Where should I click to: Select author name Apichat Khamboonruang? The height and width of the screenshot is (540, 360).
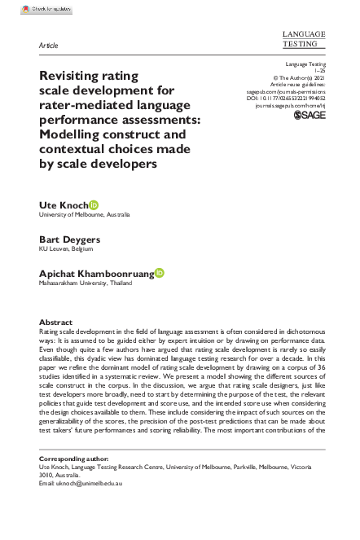(x=95, y=275)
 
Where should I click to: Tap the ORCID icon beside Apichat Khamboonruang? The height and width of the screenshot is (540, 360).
(x=159, y=275)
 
